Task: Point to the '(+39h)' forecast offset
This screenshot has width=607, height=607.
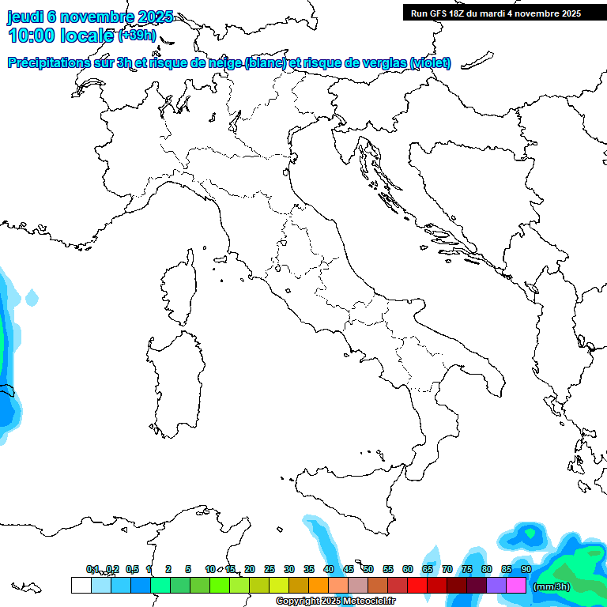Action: coord(137,36)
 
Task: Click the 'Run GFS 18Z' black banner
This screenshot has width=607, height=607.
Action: coord(495,13)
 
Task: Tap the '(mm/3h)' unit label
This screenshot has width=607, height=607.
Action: coord(551,586)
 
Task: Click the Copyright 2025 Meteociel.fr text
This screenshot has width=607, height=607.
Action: coord(335,601)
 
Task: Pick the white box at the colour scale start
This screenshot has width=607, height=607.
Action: coord(81,585)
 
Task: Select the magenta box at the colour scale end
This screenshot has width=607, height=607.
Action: coord(516,585)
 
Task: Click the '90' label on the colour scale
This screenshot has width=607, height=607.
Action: coord(526,569)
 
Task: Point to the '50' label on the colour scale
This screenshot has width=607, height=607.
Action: coord(368,569)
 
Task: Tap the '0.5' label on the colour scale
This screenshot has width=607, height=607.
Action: coord(132,569)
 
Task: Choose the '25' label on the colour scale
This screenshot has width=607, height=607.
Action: coord(270,569)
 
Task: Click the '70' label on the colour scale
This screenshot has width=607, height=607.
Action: coord(447,569)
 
